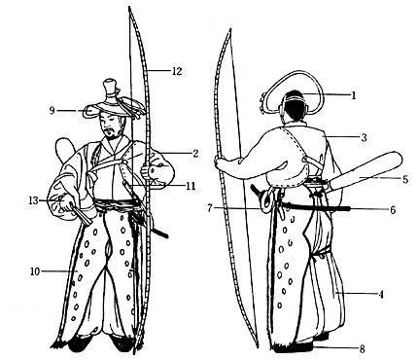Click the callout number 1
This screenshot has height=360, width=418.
[x=354, y=94]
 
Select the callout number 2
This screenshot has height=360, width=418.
[x=194, y=154]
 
